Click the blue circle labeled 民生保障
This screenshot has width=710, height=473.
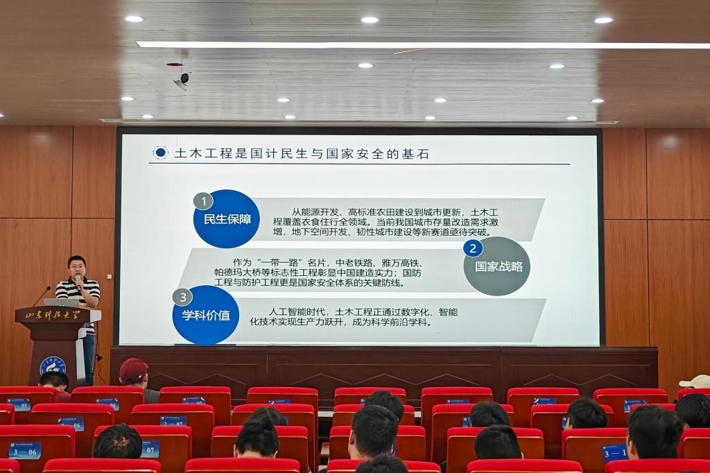(x=227, y=219)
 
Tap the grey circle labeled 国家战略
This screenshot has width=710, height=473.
(x=497, y=266)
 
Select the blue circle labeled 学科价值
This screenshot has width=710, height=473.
(x=206, y=315)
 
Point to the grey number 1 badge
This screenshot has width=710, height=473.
(x=202, y=201)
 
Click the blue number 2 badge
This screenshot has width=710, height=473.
(x=473, y=248)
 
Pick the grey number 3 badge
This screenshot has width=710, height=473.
(x=182, y=297)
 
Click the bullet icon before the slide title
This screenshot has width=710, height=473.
(x=160, y=153)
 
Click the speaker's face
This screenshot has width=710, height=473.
(x=77, y=267)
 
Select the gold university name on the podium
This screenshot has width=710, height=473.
(x=53, y=315)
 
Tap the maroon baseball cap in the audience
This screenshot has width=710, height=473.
(x=133, y=369)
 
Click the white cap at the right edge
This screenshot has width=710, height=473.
(x=695, y=381)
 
